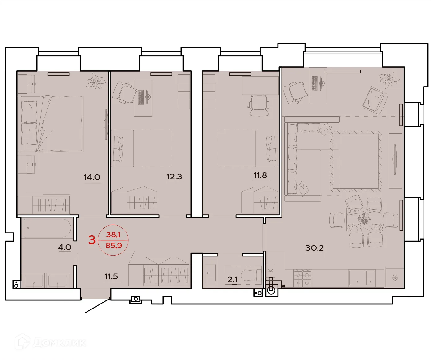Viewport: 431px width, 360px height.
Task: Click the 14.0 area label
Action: pos(92,177)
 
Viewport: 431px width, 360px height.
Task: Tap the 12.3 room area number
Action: pos(174,177)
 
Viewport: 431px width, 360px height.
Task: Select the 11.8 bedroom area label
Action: pos(260,175)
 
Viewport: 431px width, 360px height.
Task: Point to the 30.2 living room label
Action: pos(314,248)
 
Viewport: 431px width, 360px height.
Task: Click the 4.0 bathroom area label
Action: pos(64,247)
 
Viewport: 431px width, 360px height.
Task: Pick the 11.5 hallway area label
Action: pos(111,276)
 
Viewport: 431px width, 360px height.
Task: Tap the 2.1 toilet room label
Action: pos(233,279)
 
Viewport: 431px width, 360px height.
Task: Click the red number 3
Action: pos(92,240)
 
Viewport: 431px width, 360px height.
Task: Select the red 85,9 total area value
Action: pos(113,246)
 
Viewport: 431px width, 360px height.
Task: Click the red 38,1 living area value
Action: pos(113,235)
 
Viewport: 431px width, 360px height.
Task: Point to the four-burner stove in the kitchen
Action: pos(303,278)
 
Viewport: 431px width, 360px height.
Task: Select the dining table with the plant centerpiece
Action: pos(364,219)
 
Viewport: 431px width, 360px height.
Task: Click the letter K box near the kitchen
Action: pos(271,270)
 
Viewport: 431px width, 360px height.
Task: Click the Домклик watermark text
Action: pos(59,343)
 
